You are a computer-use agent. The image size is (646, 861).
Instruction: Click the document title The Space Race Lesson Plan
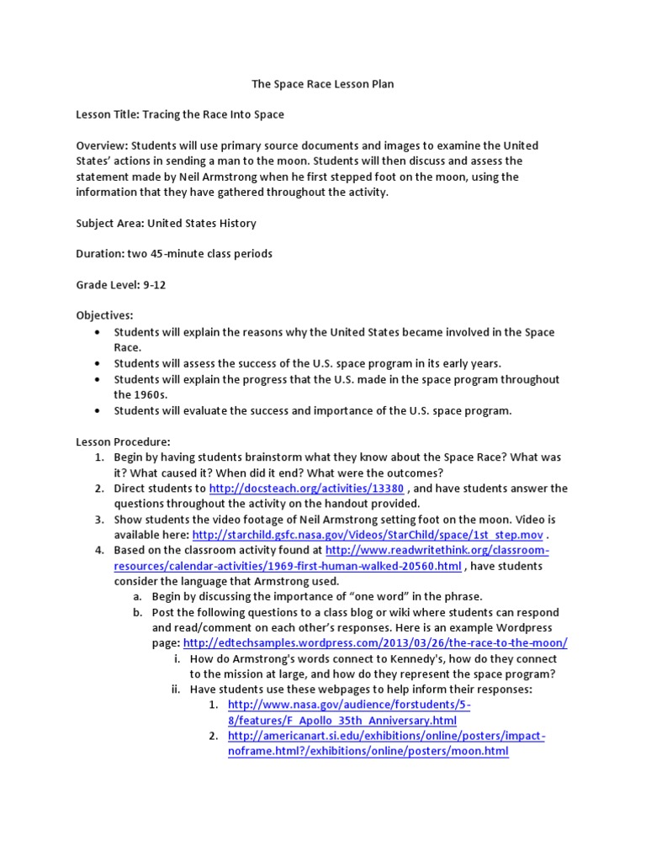323,84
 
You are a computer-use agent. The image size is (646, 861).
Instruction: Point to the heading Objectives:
104,315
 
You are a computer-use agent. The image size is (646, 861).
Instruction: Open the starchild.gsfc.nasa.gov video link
368,535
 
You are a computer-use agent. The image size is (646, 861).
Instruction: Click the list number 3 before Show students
99,520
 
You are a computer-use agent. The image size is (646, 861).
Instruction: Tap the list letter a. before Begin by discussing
137,597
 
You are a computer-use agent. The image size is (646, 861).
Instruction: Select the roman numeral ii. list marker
177,689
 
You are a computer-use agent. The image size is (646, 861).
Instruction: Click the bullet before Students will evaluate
99,411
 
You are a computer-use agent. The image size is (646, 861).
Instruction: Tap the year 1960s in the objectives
129,394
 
